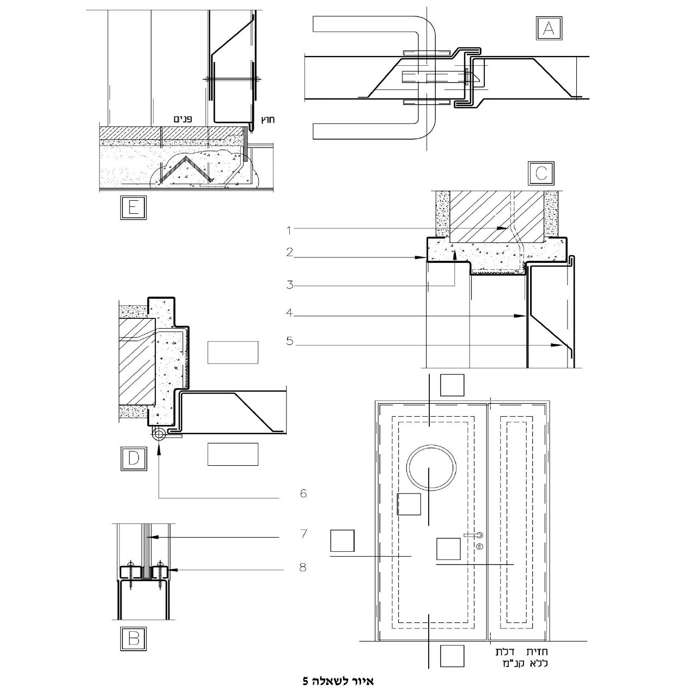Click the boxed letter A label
[549, 28]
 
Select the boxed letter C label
[541, 174]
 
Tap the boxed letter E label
[133, 207]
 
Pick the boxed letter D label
[133, 459]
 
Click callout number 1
[289, 230]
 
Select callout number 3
[290, 285]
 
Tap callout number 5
[290, 341]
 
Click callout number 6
[303, 494]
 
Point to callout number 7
[304, 534]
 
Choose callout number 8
[303, 568]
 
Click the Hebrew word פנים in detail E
[182, 119]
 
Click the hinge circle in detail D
[158, 435]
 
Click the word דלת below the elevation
[506, 651]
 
